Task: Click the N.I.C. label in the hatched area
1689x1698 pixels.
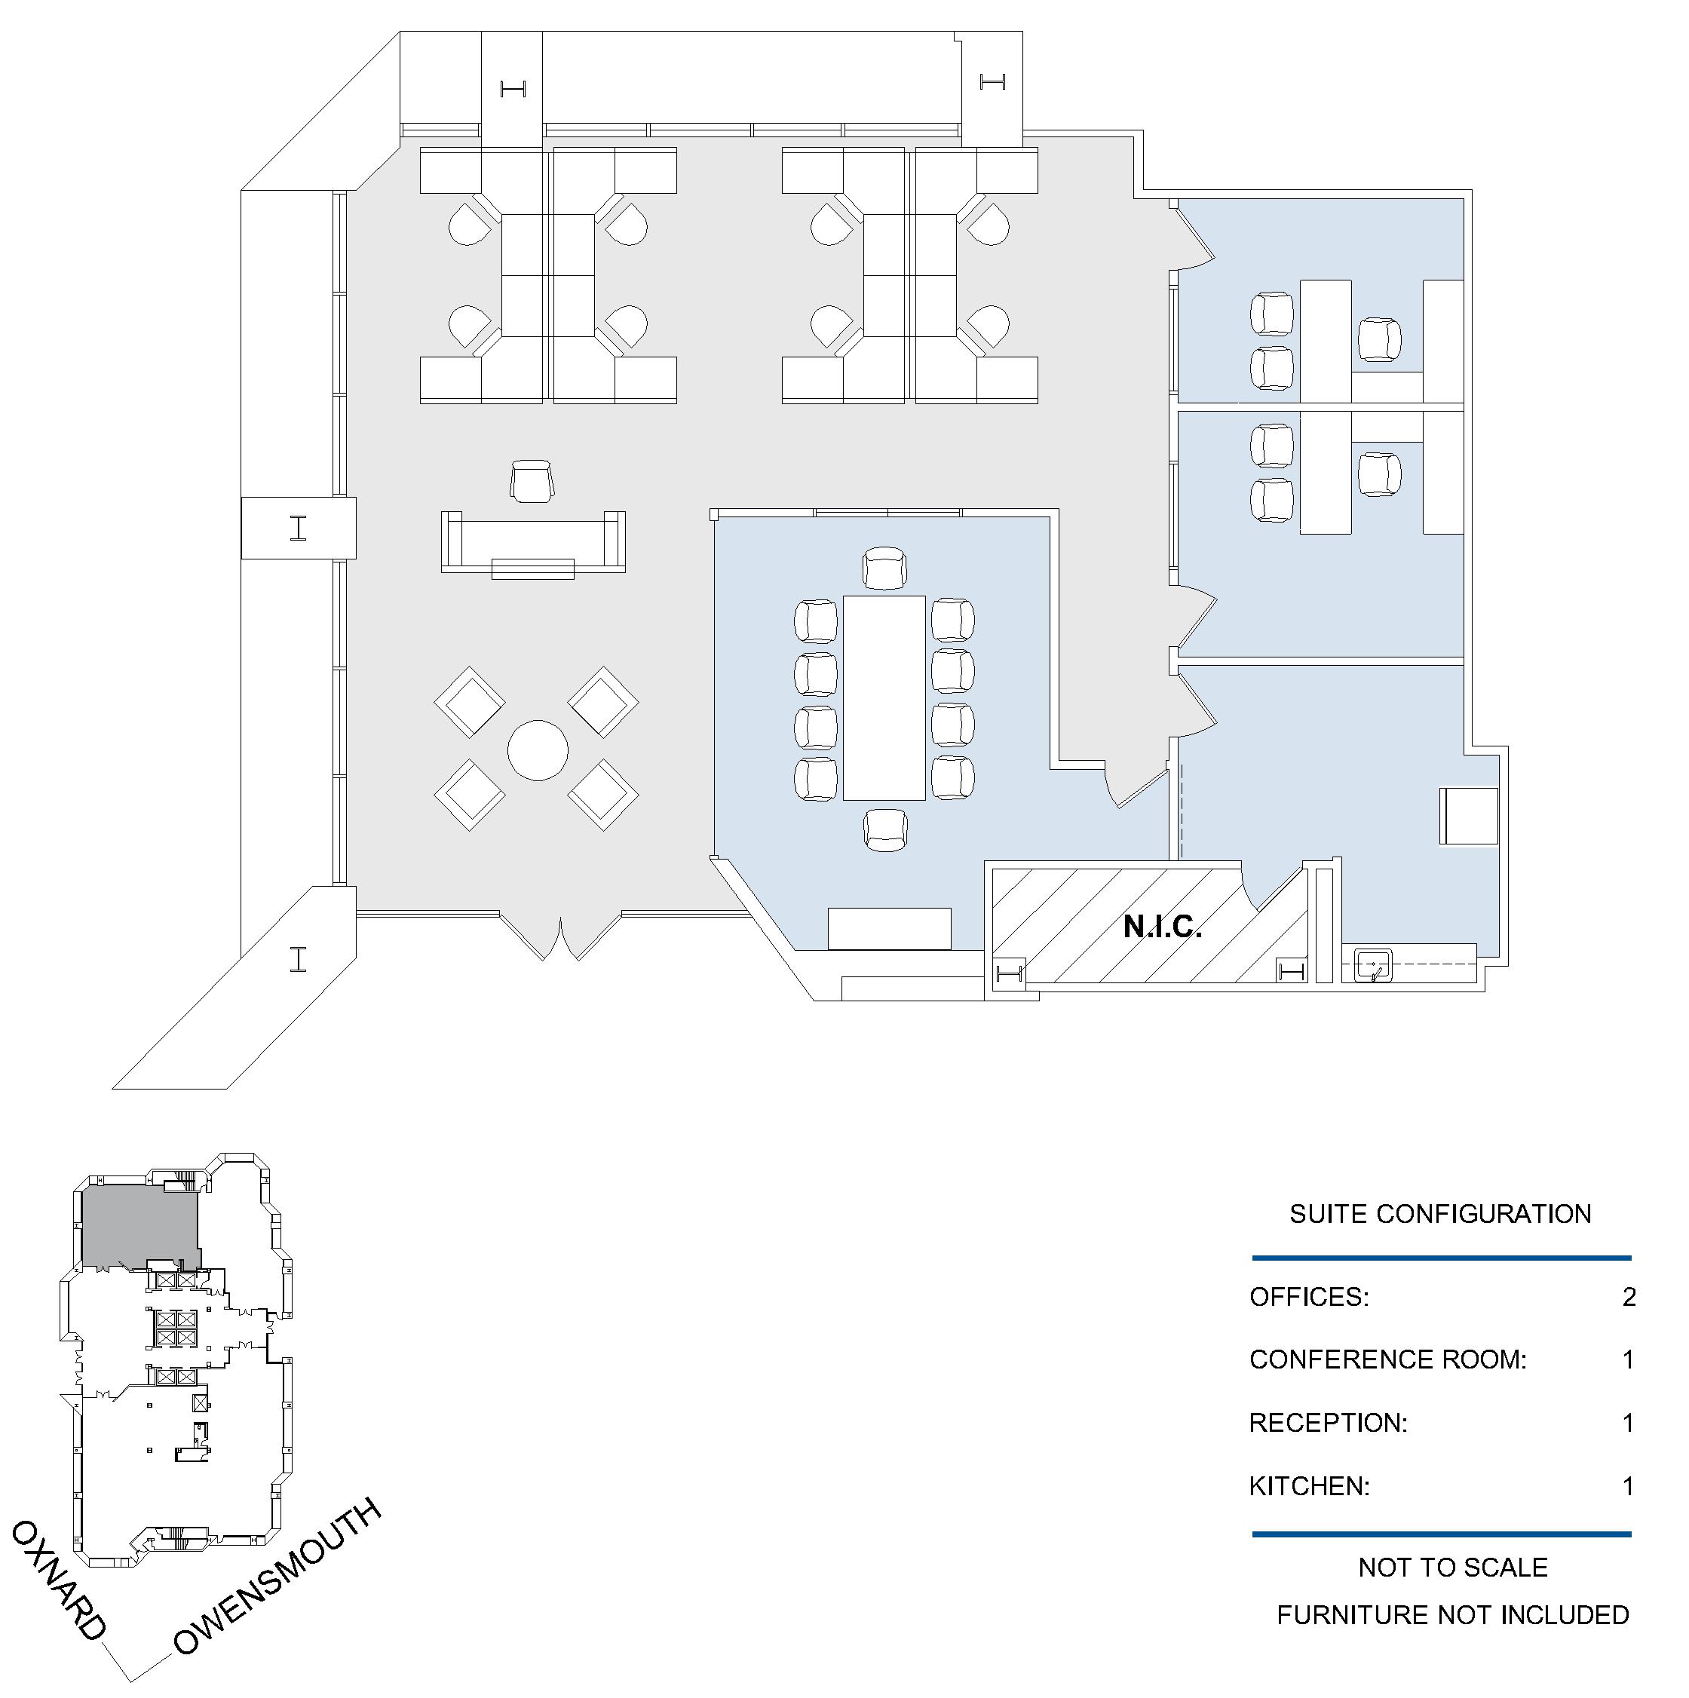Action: [x=1162, y=927]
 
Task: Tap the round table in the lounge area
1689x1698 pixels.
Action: [x=538, y=750]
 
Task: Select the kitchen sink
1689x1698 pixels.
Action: [x=1372, y=965]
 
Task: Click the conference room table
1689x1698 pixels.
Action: [x=884, y=698]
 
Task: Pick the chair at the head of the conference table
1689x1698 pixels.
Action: [x=884, y=568]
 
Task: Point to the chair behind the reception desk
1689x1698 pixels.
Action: [x=532, y=481]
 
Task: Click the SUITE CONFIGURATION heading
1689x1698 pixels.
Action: [x=1440, y=1214]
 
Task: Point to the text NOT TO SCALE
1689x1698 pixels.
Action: [x=1452, y=1567]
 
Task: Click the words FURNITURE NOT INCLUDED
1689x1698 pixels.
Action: [x=1452, y=1614]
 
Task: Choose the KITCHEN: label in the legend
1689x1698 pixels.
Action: [x=1310, y=1486]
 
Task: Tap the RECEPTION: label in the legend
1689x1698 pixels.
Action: [x=1328, y=1423]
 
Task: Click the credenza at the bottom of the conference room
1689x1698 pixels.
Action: [x=889, y=929]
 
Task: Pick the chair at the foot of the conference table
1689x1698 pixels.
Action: [x=884, y=829]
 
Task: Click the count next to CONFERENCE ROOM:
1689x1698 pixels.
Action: [x=1629, y=1360]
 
